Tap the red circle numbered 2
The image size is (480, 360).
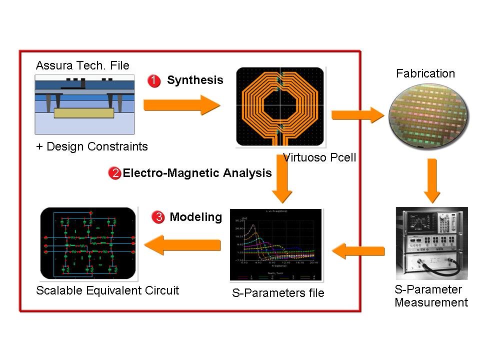[114, 173]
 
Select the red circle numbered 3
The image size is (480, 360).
[158, 217]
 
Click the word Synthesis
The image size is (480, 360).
[195, 80]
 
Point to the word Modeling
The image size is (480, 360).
[195, 217]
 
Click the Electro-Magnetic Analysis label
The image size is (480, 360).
[197, 173]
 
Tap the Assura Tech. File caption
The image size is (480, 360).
[82, 65]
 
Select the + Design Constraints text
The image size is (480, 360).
[92, 146]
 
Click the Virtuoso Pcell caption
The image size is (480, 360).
[319, 158]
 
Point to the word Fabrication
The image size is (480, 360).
[425, 73]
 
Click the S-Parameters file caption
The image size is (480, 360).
[278, 293]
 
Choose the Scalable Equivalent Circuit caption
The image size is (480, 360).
[107, 290]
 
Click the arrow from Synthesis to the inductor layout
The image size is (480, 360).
[181, 104]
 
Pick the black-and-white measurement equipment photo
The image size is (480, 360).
[431, 243]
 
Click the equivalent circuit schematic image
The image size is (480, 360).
[88, 243]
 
